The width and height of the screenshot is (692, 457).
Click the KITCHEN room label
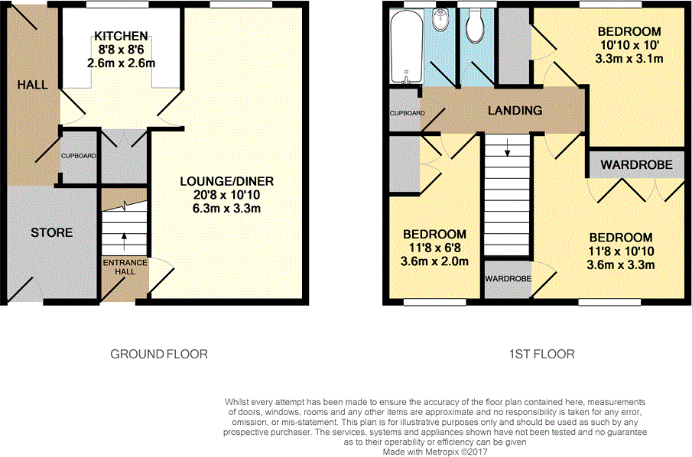(x=121, y=36)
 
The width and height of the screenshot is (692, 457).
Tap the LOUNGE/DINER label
(x=227, y=181)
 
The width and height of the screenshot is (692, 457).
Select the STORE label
(x=52, y=233)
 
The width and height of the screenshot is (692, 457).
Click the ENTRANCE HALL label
(x=125, y=267)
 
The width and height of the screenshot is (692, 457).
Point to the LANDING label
(x=515, y=110)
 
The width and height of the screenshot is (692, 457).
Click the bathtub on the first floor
(x=407, y=47)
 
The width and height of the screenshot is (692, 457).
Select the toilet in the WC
(x=476, y=27)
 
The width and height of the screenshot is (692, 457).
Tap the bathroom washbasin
(x=440, y=20)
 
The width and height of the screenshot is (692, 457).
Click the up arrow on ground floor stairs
(x=124, y=241)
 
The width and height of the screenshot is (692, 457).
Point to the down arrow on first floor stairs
(x=508, y=147)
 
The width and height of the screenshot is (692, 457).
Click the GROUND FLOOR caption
(x=159, y=355)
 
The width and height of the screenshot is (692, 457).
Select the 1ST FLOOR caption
(x=542, y=355)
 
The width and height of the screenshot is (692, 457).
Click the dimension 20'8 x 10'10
(x=226, y=195)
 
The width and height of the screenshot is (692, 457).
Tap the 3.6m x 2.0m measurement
(x=434, y=261)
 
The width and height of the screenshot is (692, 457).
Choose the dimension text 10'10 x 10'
(x=629, y=45)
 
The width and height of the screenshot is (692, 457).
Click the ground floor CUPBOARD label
(x=79, y=156)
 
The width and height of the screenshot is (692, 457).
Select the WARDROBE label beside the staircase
(x=508, y=279)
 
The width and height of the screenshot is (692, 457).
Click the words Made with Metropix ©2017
(x=435, y=452)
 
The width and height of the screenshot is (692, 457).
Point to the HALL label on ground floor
(x=33, y=85)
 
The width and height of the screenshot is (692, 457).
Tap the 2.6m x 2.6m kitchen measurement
(x=121, y=63)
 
